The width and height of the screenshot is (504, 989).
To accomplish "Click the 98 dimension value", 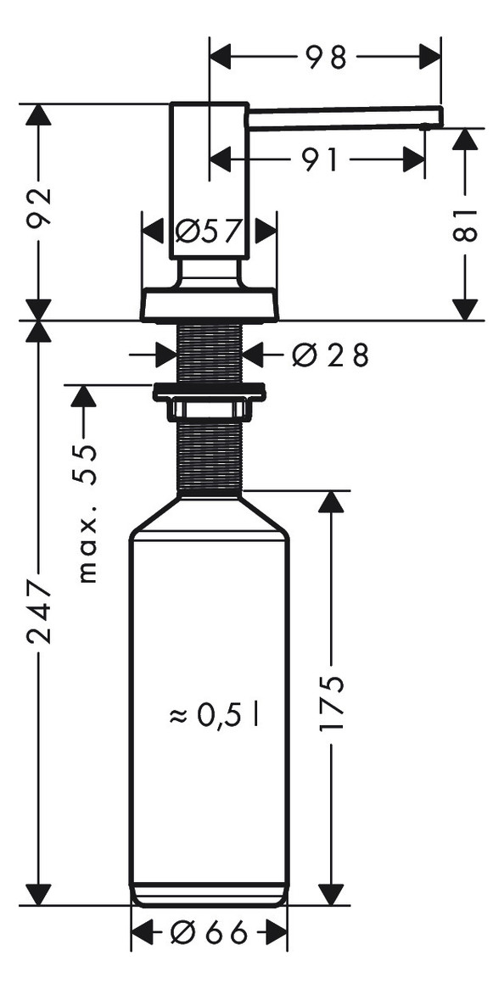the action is [x=326, y=58].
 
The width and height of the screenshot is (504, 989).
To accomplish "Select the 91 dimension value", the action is [x=321, y=161].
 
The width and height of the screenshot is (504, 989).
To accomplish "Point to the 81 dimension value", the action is [x=466, y=223].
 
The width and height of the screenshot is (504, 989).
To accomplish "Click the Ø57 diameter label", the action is [x=208, y=232].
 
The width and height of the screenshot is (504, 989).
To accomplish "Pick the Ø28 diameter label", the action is [x=329, y=356].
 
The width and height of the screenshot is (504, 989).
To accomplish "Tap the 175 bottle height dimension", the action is [x=331, y=702].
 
